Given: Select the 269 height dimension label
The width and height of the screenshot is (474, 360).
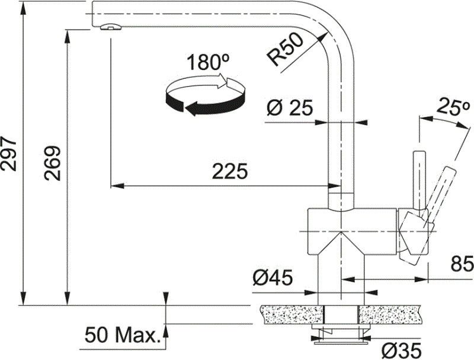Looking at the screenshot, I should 53,160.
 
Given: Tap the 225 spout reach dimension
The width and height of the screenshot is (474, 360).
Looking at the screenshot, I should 230,171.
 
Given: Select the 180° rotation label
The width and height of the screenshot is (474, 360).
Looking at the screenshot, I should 208,62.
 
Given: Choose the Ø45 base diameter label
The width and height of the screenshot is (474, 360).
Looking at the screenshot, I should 275,277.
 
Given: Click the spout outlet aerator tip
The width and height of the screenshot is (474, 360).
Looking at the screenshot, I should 110,26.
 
